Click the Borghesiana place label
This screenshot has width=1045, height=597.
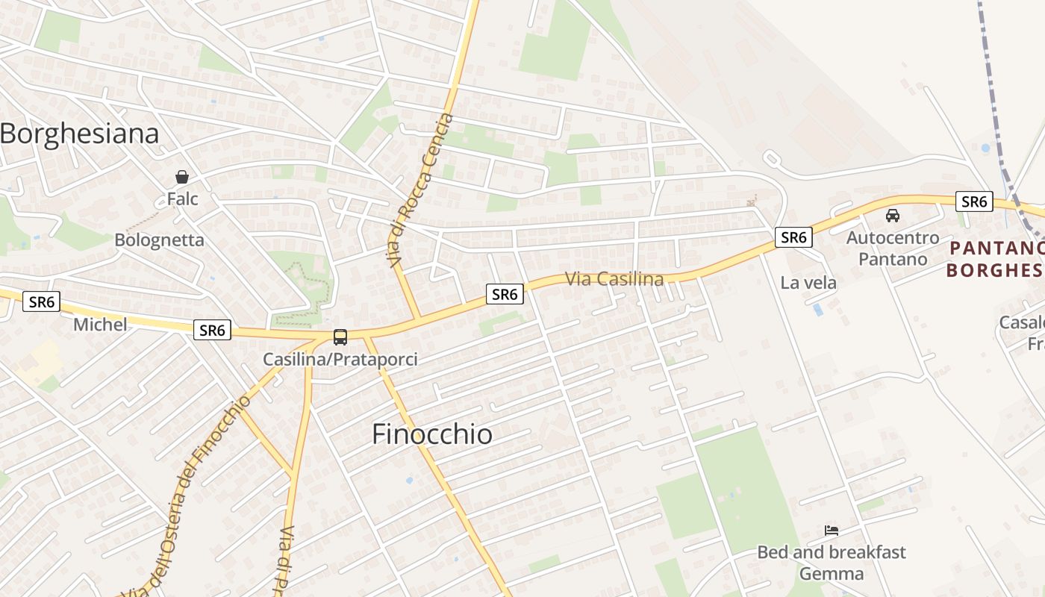(80, 134)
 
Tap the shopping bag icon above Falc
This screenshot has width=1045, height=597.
(181, 177)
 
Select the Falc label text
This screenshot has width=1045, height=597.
(182, 199)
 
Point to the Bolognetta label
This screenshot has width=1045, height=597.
(159, 240)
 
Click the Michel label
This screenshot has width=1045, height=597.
(100, 325)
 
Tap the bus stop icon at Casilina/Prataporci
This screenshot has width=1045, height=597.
(340, 337)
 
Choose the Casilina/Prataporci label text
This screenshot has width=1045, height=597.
(340, 360)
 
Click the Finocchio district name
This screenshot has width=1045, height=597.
(432, 434)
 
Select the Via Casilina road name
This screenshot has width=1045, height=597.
(614, 279)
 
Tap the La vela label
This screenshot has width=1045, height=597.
(808, 283)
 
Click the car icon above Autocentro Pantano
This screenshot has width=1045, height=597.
(892, 216)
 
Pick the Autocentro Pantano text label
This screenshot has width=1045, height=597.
(893, 249)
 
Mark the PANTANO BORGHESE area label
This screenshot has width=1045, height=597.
(996, 258)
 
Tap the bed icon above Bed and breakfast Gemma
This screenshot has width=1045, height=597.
(832, 531)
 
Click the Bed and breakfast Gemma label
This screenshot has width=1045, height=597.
(832, 563)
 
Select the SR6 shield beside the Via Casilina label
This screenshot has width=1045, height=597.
(505, 295)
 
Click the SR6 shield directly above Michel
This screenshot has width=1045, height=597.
(42, 302)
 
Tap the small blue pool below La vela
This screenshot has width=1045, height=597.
(819, 309)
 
